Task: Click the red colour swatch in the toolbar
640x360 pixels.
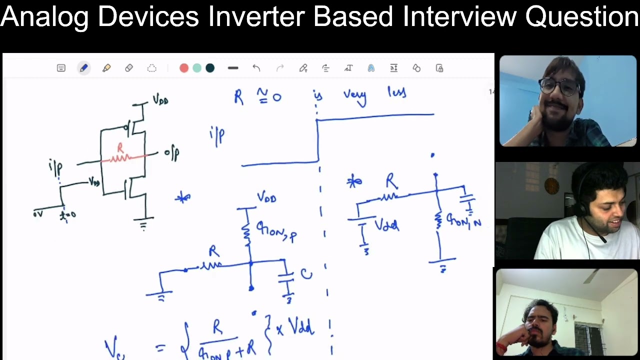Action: click(184, 68)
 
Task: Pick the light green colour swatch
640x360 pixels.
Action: click(197, 68)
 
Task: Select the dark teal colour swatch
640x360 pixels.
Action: click(210, 68)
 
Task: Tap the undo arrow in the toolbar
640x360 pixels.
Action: click(256, 68)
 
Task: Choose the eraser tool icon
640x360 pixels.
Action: click(129, 68)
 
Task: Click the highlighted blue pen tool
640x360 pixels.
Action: click(83, 68)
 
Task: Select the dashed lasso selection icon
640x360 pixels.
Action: click(152, 68)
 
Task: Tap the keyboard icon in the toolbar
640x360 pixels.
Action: click(61, 68)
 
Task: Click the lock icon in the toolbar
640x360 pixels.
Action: click(439, 68)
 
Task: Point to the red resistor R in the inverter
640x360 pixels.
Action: click(120, 155)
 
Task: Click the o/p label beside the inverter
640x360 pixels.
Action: click(171, 153)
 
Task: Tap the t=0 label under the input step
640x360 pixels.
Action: click(67, 215)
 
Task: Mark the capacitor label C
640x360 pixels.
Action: click(306, 274)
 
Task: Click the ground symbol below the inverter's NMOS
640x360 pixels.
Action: click(143, 224)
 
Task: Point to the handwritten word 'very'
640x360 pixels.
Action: click(354, 96)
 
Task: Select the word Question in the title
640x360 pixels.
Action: click(581, 16)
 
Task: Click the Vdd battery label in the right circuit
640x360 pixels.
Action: click(386, 226)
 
